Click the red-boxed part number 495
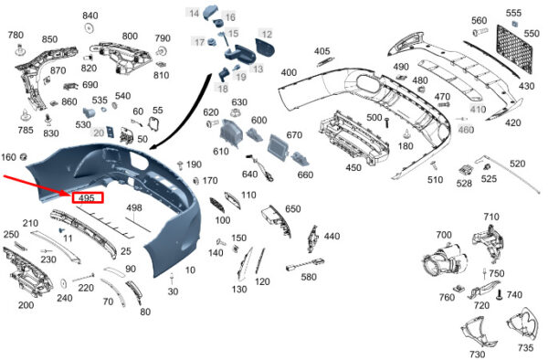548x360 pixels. tap(87, 198)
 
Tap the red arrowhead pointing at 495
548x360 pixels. tap(68, 194)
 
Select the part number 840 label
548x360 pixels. tap(90, 16)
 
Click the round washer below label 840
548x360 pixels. tap(90, 28)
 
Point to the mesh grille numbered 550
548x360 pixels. tap(514, 49)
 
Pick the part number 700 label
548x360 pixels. tap(444, 235)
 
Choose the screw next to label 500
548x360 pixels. tap(387, 122)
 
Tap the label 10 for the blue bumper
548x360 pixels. tap(190, 270)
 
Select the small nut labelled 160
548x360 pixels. tap(24, 157)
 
